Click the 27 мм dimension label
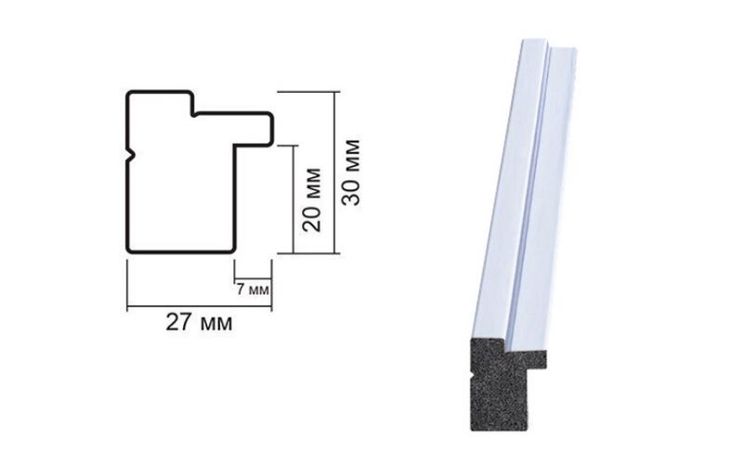tap(199, 323)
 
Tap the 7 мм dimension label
tap(253, 289)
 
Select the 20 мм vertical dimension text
tap(312, 199)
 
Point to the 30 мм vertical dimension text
tap(351, 173)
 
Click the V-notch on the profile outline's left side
tap(131, 155)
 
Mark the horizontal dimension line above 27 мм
tap(199, 306)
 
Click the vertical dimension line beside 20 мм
tap(293, 199)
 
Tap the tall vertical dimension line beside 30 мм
tap(335, 173)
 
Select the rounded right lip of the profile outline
tap(270, 129)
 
